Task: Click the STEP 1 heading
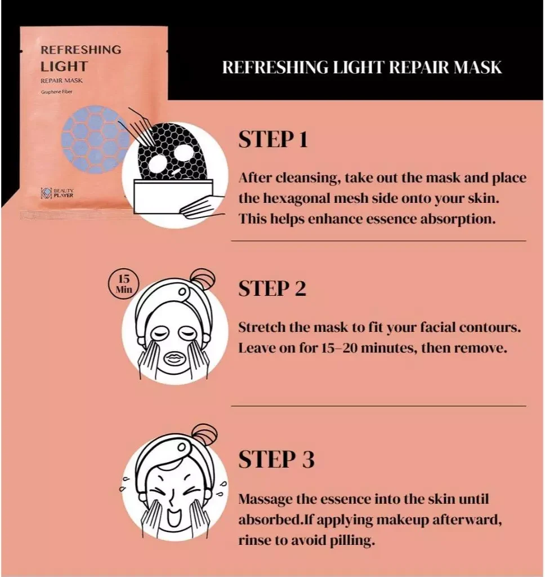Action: [x=273, y=140]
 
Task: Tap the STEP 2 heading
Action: [x=272, y=288]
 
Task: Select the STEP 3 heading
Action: [x=276, y=459]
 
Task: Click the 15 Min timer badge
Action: [x=123, y=285]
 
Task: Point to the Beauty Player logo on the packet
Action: [x=57, y=193]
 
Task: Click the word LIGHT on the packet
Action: [x=64, y=66]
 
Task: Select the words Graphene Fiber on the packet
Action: [x=57, y=92]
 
